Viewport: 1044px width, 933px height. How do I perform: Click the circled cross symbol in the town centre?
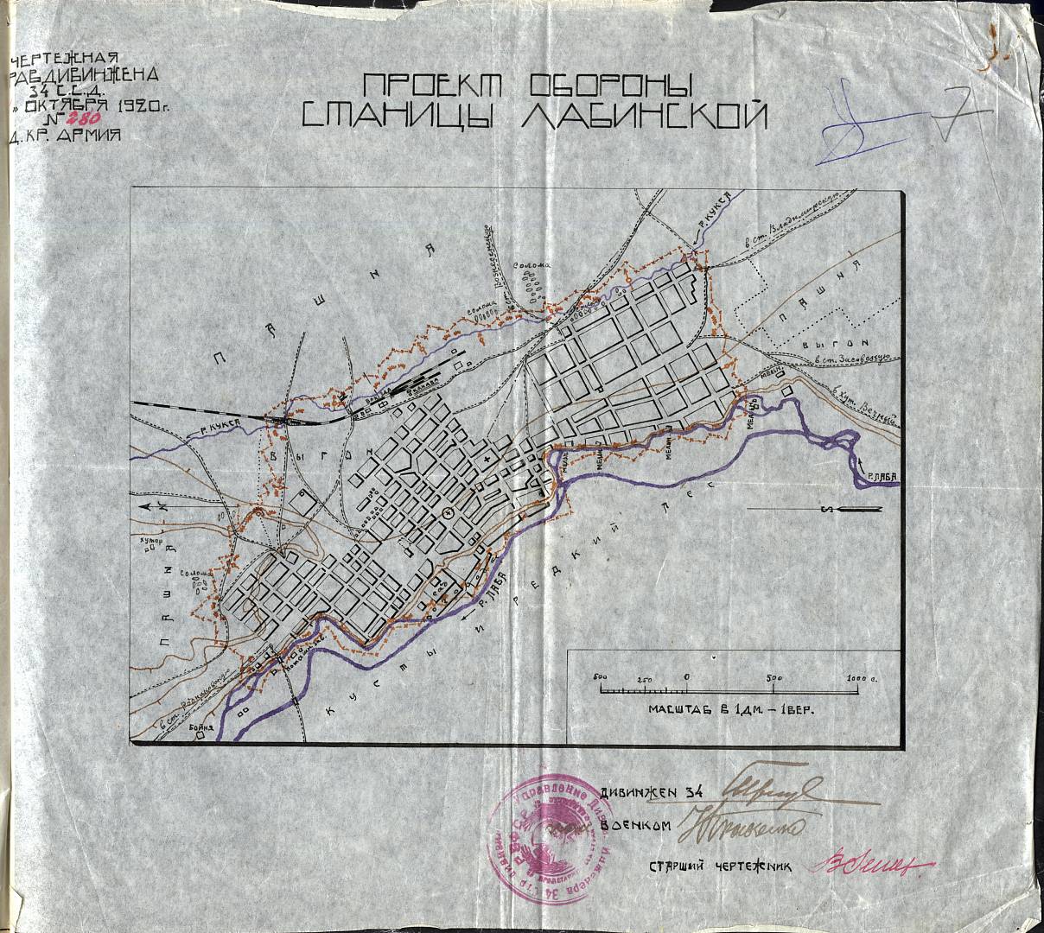point(447,513)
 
